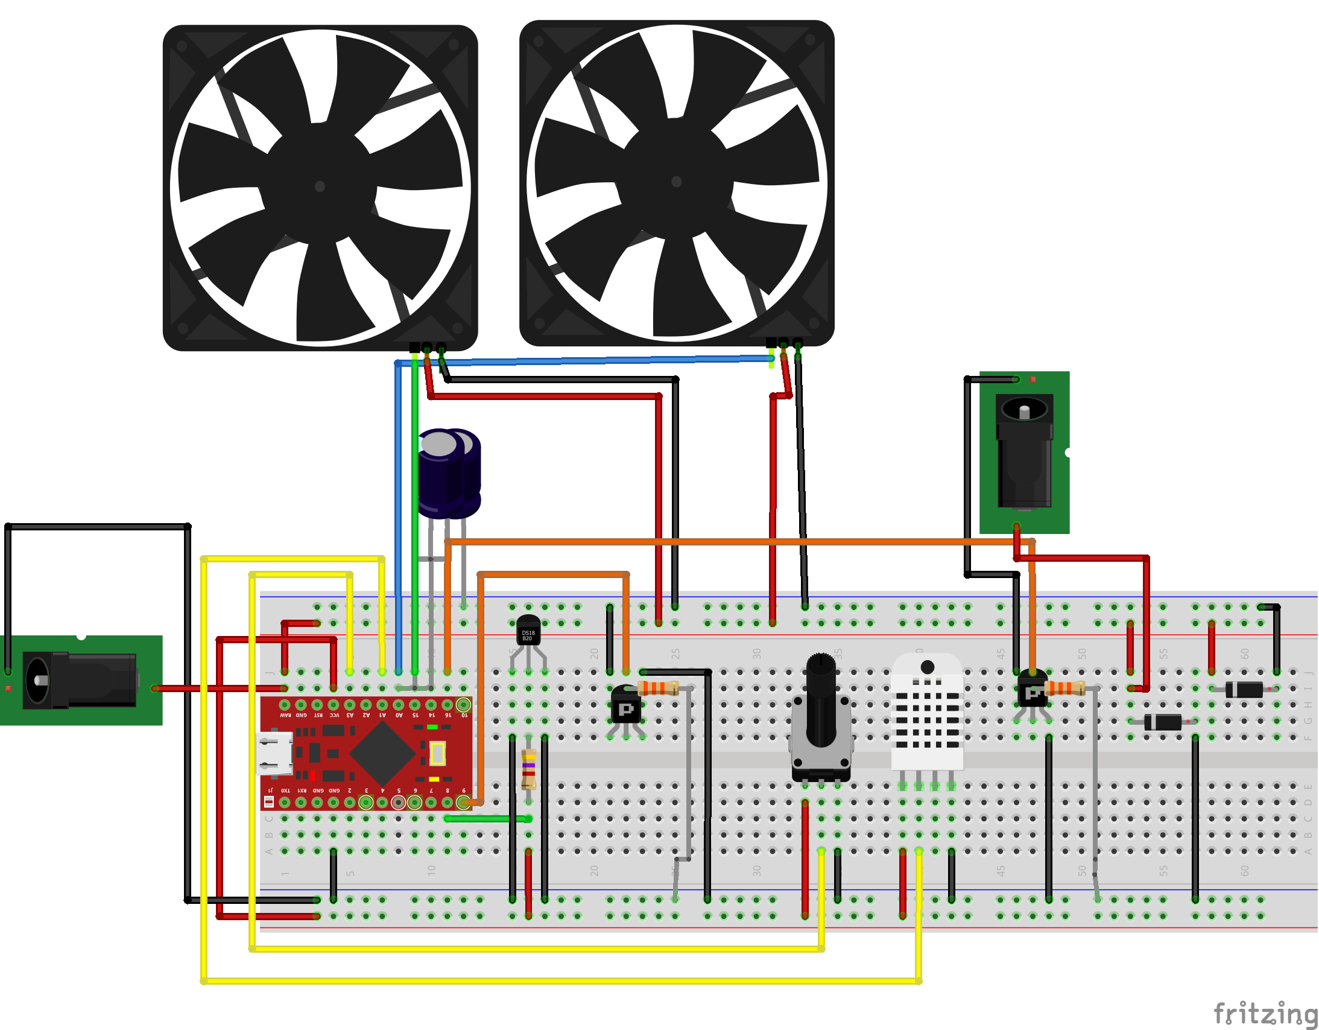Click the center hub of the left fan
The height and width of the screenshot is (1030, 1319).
coord(320,186)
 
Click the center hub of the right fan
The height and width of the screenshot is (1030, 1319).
coord(676,181)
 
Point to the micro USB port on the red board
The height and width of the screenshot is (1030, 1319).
coord(275,752)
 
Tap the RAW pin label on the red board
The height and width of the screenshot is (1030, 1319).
coord(285,715)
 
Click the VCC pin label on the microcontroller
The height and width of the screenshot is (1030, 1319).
coord(334,715)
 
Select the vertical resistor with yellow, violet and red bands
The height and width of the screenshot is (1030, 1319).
coord(528,769)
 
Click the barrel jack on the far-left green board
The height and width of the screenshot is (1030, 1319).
coord(78,680)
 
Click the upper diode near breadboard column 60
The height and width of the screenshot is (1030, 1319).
coord(1244,689)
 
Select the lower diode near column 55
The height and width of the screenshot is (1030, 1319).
coord(1163,722)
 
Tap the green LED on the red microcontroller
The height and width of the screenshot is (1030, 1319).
coord(432,726)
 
